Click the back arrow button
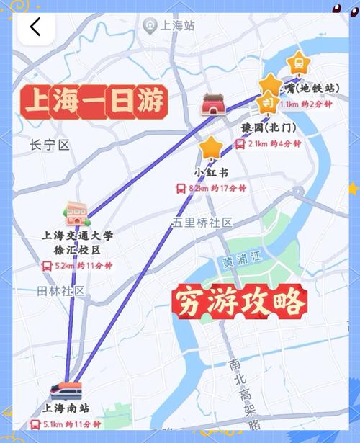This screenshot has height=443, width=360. click(x=35, y=27)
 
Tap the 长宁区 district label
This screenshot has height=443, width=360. click(x=50, y=145)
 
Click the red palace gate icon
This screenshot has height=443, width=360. click(x=214, y=104)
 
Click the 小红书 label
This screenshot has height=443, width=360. click(x=212, y=173)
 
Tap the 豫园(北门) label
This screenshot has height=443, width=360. click(x=268, y=128)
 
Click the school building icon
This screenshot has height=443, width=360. click(x=76, y=212)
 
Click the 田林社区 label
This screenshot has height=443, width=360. click(x=61, y=291)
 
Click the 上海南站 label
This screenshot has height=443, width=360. click(x=65, y=408)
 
